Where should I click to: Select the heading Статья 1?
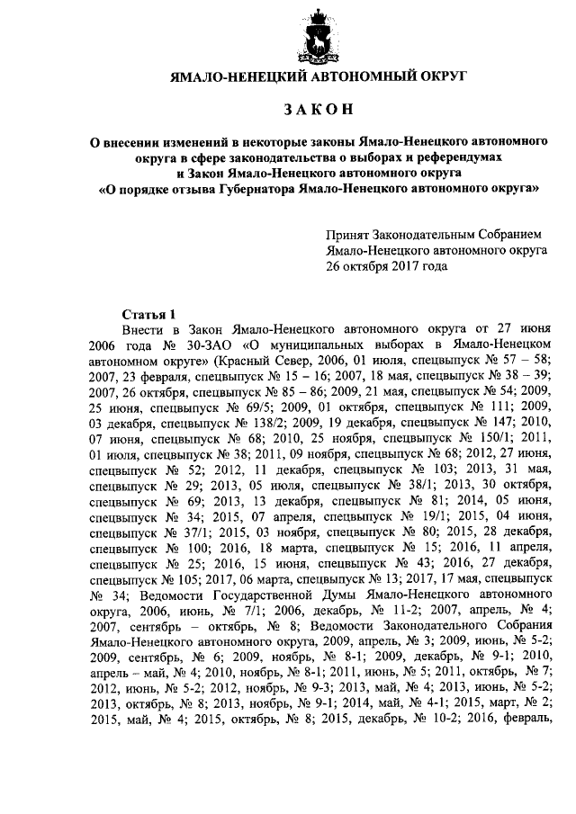(x=147, y=314)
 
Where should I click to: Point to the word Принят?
(x=349, y=235)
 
